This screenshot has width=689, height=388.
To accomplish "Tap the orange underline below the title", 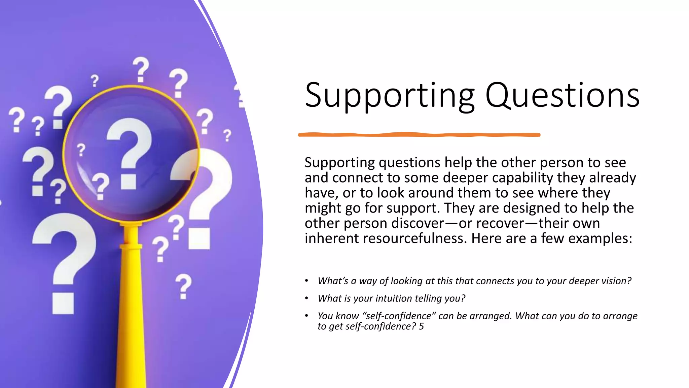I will click(419, 135).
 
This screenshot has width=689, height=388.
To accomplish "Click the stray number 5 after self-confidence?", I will click(421, 326).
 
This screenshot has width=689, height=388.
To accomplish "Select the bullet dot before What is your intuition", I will click(306, 298).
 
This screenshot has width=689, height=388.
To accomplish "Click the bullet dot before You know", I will click(306, 316).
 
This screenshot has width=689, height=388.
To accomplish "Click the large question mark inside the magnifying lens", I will click(129, 152).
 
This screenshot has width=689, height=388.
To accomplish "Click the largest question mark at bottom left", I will click(64, 259).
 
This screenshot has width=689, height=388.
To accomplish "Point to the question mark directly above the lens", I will click(140, 69).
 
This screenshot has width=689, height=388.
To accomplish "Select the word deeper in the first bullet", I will click(584, 281).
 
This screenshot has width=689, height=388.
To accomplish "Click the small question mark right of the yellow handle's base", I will click(183, 286).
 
